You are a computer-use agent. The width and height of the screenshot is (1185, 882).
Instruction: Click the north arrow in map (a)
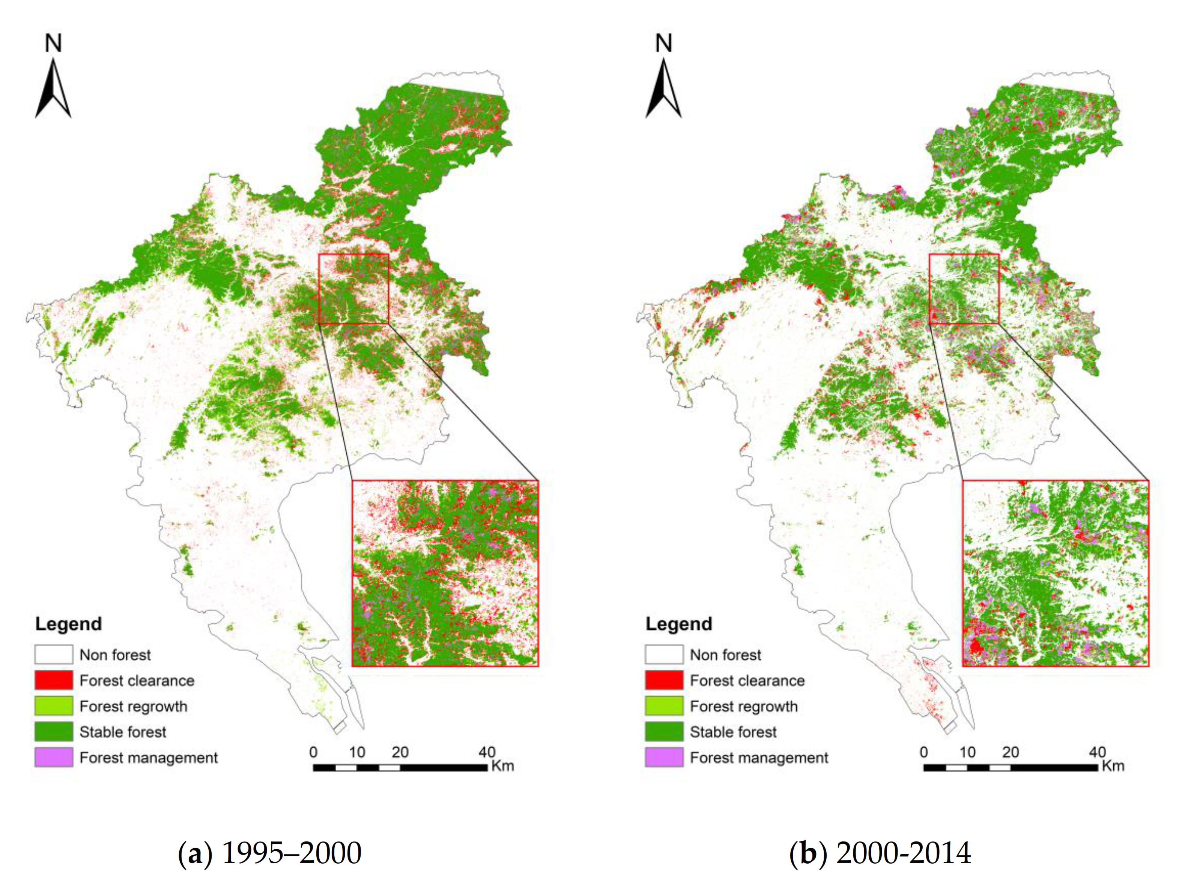[53, 89]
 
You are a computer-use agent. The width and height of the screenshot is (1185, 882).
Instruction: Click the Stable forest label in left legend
[123, 731]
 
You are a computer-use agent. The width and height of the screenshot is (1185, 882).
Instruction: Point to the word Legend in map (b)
[678, 624]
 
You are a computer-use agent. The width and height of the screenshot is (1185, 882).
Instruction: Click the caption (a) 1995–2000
[269, 853]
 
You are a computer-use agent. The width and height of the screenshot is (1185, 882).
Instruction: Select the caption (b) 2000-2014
[880, 853]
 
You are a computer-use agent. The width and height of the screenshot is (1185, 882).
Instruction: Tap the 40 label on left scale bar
[486, 752]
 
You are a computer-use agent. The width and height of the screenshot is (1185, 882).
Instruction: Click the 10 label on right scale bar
[967, 752]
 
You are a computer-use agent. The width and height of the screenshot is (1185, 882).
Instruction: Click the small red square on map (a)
[353, 289]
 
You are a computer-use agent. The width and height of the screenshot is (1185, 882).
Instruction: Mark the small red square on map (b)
[964, 289]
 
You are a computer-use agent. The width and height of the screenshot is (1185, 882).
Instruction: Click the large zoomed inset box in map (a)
[445, 573]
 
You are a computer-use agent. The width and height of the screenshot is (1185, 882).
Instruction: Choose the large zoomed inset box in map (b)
[1055, 573]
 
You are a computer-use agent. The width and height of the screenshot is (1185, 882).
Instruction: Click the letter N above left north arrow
[53, 43]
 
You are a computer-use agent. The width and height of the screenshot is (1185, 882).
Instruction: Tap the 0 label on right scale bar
[923, 752]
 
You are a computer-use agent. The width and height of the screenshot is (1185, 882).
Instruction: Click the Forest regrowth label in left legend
[134, 706]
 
